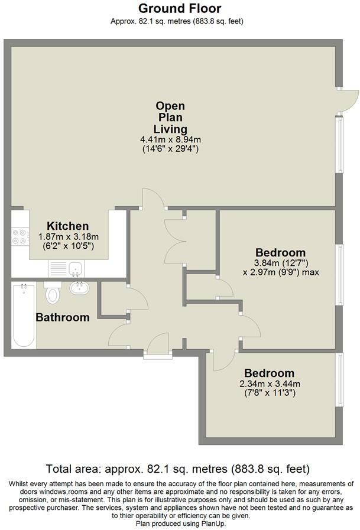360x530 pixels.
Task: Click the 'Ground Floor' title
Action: pos(180,8)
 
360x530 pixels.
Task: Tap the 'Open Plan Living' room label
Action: pos(170,117)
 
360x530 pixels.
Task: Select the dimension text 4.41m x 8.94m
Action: pos(170,139)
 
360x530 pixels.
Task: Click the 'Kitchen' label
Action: pos(68,226)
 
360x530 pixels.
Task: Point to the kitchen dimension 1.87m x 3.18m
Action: pos(68,236)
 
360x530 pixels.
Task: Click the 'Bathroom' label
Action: pos(63,317)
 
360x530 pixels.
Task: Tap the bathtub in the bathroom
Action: pos(23,316)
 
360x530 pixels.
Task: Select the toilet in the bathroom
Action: pos(53,292)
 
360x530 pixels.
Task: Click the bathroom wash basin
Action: pos(78,289)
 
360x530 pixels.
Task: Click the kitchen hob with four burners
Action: pos(20,236)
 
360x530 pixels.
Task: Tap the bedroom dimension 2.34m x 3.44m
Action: pos(269,383)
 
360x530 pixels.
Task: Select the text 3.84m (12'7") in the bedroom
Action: pos(280,263)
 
